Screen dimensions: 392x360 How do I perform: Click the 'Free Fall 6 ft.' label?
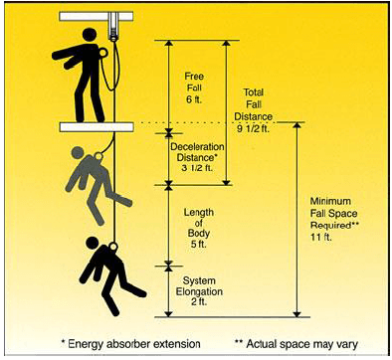(x=193, y=88)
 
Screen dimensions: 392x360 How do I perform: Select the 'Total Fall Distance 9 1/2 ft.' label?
(x=254, y=110)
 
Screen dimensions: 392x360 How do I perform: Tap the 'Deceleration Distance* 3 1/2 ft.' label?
(x=197, y=157)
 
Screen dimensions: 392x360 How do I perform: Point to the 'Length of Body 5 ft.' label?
(x=199, y=228)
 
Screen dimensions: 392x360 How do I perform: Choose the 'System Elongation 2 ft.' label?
(x=199, y=291)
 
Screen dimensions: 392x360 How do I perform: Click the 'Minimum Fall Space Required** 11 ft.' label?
(x=334, y=219)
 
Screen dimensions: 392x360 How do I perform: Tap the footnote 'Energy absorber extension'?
(x=131, y=343)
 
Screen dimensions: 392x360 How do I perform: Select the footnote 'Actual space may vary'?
(x=296, y=343)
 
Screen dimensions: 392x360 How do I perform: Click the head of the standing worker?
(x=90, y=36)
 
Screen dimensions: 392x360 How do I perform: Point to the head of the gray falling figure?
(x=78, y=153)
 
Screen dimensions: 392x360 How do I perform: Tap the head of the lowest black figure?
(x=92, y=243)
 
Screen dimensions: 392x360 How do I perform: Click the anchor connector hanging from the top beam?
(x=113, y=27)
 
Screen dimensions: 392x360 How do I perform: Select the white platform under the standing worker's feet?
(x=97, y=126)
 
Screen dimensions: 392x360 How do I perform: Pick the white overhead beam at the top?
(x=97, y=17)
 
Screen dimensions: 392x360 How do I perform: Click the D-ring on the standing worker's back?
(x=103, y=53)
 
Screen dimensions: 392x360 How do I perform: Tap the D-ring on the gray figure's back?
(x=98, y=156)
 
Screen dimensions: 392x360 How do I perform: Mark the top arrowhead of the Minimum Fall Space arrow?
(x=297, y=125)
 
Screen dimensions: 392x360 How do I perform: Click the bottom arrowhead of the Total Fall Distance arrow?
(x=226, y=182)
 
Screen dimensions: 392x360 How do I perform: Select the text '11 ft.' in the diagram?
(x=321, y=238)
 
